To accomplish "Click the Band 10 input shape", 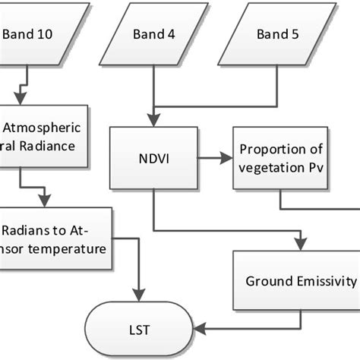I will click(30, 33).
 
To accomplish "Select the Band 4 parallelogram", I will click(156, 33).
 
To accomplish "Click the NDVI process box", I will click(154, 159).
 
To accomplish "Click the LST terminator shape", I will click(141, 330).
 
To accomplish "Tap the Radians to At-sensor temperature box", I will click(53, 238).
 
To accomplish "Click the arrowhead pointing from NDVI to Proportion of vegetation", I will click(229, 159).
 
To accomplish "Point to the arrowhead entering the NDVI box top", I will click(154, 122).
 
